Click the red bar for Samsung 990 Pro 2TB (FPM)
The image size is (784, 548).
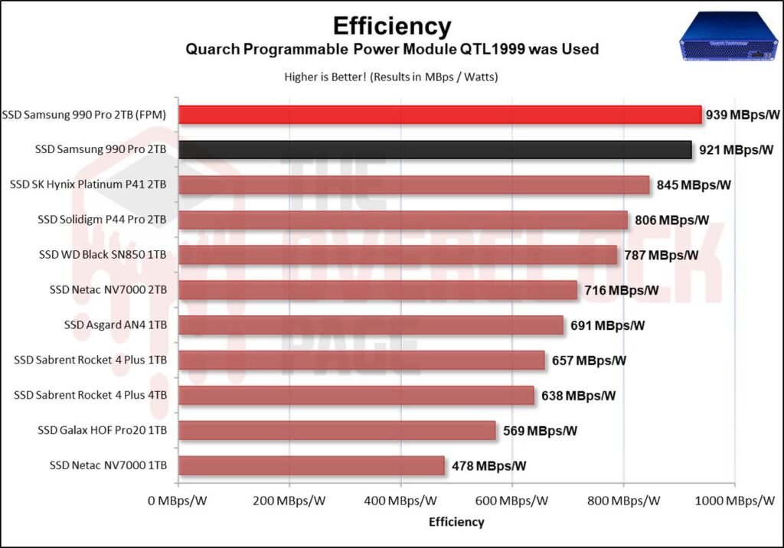click(x=440, y=115)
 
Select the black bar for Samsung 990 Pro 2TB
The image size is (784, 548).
click(x=435, y=150)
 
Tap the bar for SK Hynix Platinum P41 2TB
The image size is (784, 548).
click(x=413, y=185)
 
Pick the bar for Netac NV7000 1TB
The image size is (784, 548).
click(x=311, y=465)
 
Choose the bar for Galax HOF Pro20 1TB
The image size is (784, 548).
click(x=337, y=430)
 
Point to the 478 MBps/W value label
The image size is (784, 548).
click(x=488, y=465)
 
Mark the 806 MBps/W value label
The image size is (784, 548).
click(x=672, y=220)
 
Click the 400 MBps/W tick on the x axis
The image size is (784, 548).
click(x=400, y=501)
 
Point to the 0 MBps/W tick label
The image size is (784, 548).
click(x=178, y=501)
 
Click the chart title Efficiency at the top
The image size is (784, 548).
click(x=391, y=26)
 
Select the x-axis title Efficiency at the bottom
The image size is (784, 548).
click(x=456, y=522)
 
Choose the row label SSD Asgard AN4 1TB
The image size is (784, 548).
click(x=116, y=325)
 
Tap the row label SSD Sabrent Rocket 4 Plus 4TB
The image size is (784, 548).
click(x=90, y=395)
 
